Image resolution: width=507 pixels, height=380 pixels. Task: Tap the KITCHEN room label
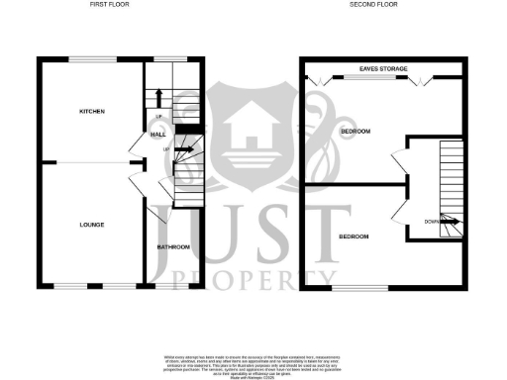click(x=92, y=111)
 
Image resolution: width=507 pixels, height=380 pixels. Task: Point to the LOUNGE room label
click(x=92, y=226)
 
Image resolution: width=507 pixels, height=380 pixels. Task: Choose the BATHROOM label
click(x=173, y=246)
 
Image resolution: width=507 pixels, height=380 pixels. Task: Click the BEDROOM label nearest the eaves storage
click(x=355, y=132)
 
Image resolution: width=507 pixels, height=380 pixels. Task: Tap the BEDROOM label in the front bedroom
click(x=354, y=237)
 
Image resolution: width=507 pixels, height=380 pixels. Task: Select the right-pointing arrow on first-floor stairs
click(x=183, y=150)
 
